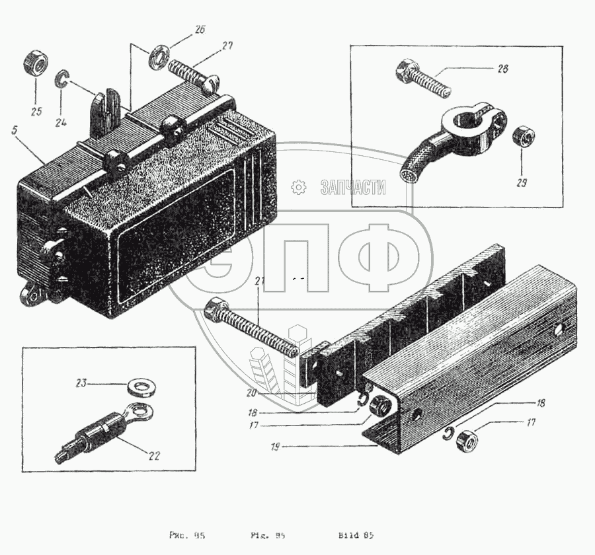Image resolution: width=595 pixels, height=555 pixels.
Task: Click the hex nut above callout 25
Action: [x=34, y=63]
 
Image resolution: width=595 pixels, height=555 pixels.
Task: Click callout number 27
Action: [x=227, y=46]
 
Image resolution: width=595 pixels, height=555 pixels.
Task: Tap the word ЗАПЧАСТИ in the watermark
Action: [x=352, y=188]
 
